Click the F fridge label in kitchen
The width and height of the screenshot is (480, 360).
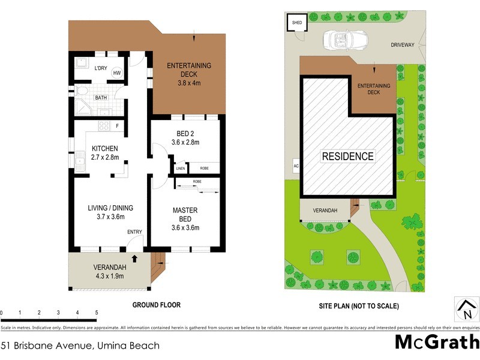point(118,126)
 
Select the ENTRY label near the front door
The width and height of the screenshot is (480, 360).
point(134,232)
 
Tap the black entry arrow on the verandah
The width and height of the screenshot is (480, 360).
point(134,259)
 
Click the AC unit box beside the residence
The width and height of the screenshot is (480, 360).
point(296,166)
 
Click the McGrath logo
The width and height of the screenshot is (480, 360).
point(436,343)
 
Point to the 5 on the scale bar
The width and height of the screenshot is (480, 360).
point(97,313)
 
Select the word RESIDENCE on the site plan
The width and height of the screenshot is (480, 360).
point(348,157)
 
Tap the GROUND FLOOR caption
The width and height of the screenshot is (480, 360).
point(156,305)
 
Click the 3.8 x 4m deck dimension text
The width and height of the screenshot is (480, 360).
point(189,75)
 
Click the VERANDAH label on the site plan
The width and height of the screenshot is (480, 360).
point(325,211)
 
